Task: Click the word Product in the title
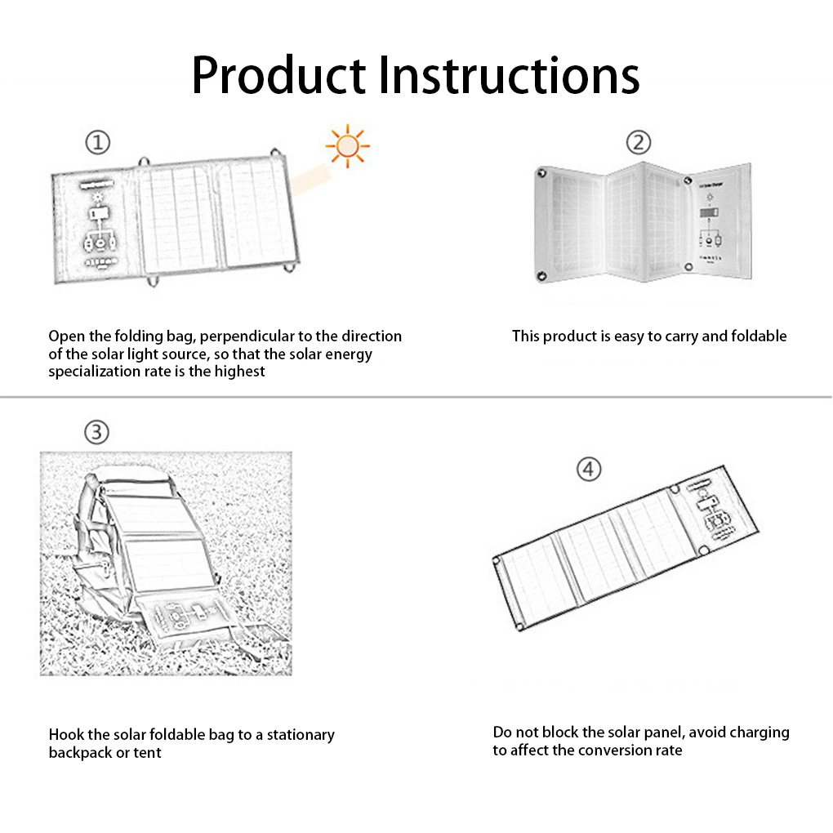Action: (278, 75)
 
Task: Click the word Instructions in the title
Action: (509, 75)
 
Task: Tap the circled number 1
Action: (98, 142)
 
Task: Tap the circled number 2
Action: (638, 142)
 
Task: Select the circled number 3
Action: (96, 432)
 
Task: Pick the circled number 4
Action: (589, 469)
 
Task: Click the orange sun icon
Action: (347, 145)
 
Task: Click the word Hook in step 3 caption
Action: (66, 735)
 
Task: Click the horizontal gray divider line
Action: (416, 397)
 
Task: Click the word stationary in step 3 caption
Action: (301, 735)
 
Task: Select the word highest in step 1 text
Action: (239, 372)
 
